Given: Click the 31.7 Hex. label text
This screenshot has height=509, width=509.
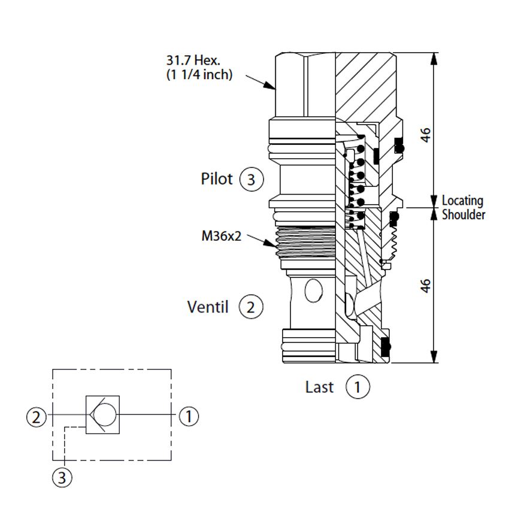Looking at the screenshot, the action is (x=193, y=60).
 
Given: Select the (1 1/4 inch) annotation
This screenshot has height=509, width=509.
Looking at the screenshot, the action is (x=199, y=75).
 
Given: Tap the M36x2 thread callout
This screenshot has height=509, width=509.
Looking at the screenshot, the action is (x=222, y=236).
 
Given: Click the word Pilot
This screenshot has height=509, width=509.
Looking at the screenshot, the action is (x=217, y=179).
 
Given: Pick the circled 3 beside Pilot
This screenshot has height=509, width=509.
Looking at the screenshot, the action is (x=252, y=179).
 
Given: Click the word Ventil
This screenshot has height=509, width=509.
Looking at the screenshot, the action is (x=208, y=307).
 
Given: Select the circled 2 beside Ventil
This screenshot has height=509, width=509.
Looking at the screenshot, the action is (x=251, y=307).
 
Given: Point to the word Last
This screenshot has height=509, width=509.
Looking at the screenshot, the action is (x=319, y=387).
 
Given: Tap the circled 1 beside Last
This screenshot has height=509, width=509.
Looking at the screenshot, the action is (x=357, y=387).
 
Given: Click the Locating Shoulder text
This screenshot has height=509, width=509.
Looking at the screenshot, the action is (x=463, y=208).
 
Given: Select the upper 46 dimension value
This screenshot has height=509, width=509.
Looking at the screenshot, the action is (x=426, y=135).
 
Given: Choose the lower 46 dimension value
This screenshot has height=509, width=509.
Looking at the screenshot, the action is (x=426, y=286).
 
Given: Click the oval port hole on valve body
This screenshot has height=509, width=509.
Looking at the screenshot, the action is (x=314, y=290).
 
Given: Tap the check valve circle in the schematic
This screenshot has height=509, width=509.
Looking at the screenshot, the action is (x=105, y=414).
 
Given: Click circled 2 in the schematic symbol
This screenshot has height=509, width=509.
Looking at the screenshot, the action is (x=37, y=417).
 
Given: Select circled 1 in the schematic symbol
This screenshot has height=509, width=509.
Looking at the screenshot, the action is (x=189, y=416).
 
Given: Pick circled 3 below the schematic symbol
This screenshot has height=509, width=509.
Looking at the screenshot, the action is (x=62, y=477).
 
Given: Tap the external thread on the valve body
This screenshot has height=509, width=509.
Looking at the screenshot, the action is (x=305, y=241).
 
